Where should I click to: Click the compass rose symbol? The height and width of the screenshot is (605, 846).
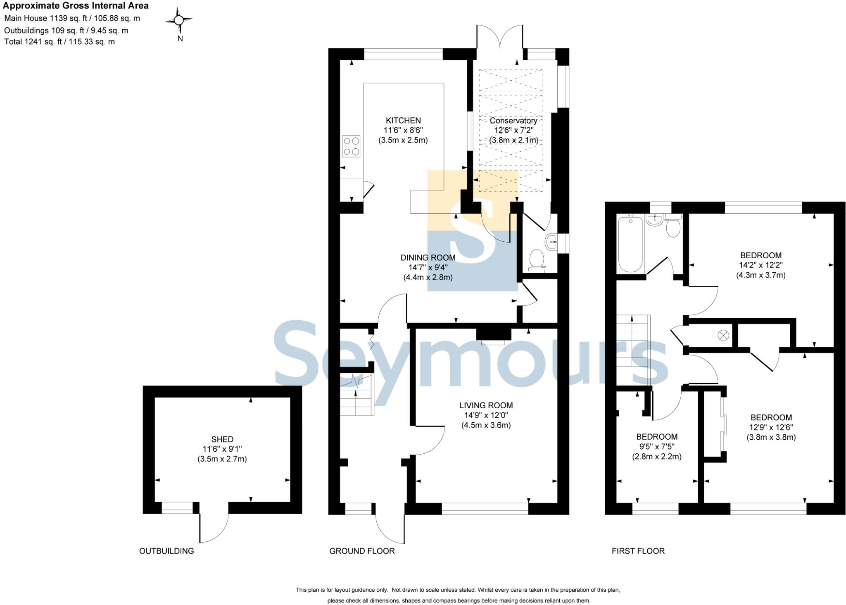(x=179, y=20)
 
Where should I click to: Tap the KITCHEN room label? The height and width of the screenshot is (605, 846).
(x=403, y=121)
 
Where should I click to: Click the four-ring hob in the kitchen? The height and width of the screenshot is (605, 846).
(x=351, y=146)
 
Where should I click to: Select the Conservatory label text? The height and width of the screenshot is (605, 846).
(x=513, y=121)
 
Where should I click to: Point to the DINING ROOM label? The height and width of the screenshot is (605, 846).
(x=428, y=258)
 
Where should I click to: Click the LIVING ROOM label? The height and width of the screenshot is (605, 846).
(x=486, y=405)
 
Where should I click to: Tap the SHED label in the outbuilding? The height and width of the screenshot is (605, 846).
(x=222, y=439)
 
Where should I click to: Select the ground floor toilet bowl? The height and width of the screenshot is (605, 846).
(x=537, y=259)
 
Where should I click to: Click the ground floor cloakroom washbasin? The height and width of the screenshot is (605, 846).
(x=551, y=242)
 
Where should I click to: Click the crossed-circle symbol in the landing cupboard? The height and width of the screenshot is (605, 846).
(x=723, y=335)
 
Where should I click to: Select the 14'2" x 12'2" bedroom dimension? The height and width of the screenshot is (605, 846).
(x=760, y=265)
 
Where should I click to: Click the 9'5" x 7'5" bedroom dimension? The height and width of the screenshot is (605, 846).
(x=656, y=447)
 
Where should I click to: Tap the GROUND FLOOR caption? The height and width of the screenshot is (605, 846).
(x=362, y=551)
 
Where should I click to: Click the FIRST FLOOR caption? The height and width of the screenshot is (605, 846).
(x=638, y=551)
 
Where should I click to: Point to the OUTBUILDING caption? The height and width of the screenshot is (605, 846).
(x=166, y=551)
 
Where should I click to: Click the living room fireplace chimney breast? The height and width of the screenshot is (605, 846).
(x=493, y=334)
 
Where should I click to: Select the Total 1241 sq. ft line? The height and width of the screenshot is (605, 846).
(x=59, y=42)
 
